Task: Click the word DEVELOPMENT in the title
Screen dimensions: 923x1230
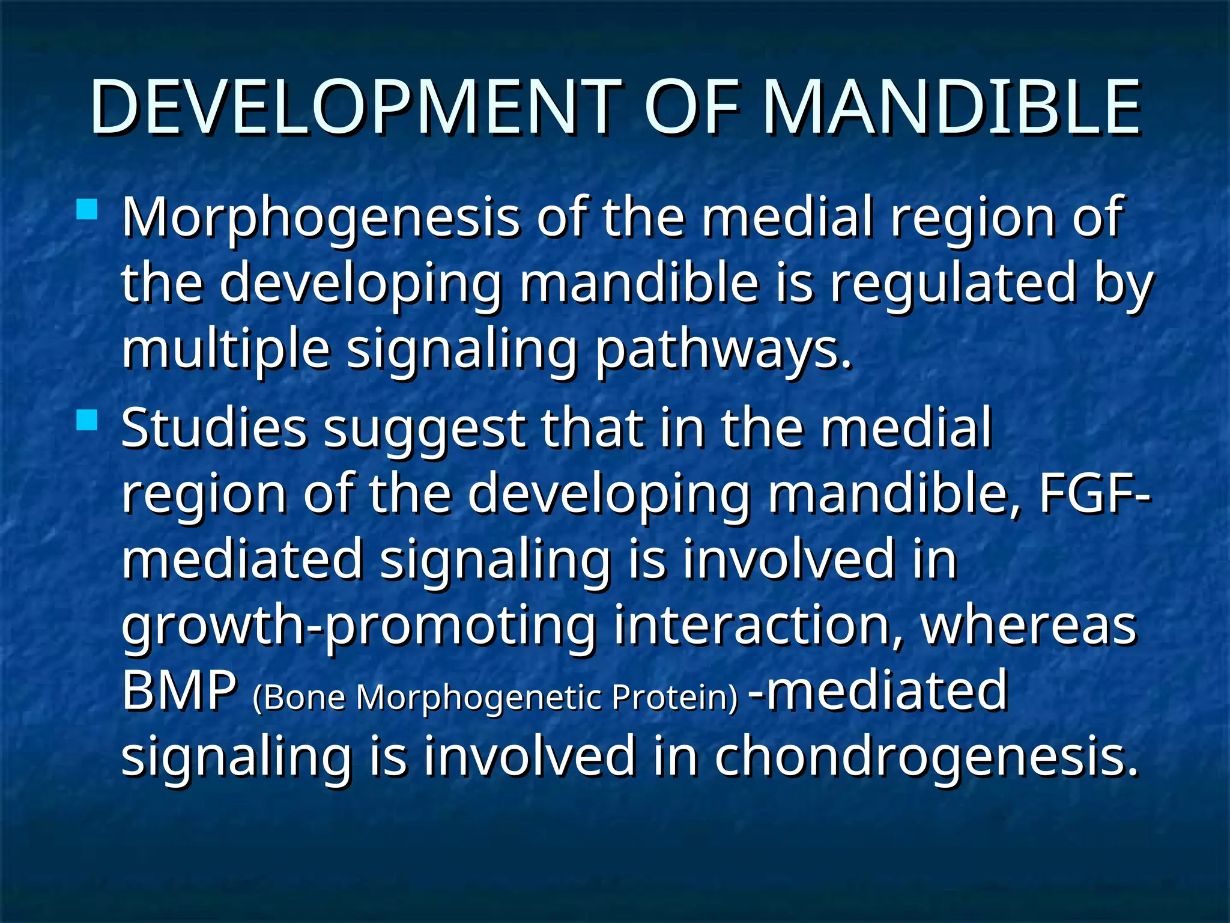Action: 354,108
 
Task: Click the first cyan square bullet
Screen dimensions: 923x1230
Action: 87,210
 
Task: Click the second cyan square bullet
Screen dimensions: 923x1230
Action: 87,420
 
